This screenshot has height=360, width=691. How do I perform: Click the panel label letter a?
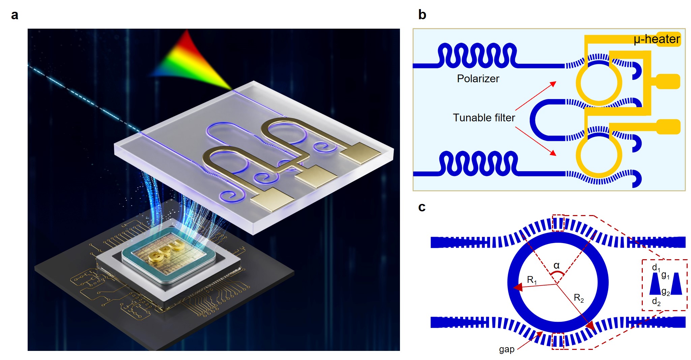tap(15, 15)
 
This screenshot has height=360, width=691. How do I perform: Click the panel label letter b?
tap(422, 14)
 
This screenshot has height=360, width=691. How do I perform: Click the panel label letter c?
tap(422, 207)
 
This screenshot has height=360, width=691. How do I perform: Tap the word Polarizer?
tap(478, 79)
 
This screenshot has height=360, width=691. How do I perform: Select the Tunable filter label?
tap(484, 118)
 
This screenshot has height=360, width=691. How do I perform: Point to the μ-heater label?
tap(656, 39)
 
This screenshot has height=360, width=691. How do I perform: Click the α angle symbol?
tap(556, 266)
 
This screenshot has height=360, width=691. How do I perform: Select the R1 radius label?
tap(532, 280)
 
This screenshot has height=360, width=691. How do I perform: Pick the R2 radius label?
tap(579, 298)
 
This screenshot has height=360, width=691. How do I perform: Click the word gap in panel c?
tap(507, 350)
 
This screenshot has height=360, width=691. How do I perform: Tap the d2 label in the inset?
tap(656, 301)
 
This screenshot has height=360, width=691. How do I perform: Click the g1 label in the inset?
tap(665, 275)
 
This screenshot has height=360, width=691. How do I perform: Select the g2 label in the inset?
tap(665, 292)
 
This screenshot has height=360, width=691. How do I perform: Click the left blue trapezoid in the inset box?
tap(655, 284)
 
